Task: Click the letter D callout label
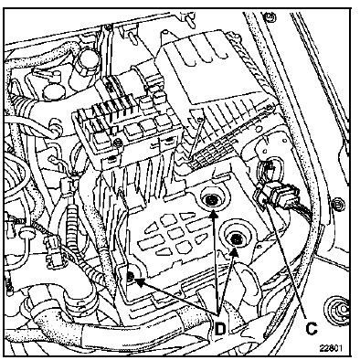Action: [220, 329]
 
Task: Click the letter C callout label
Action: [312, 328]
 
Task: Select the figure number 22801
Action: [331, 348]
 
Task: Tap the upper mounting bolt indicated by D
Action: [211, 200]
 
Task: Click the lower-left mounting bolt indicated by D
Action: [131, 276]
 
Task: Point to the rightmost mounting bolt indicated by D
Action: [236, 239]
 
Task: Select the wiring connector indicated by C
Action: [276, 194]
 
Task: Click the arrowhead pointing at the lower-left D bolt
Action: [140, 282]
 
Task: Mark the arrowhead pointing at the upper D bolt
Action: [215, 215]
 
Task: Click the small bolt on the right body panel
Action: [337, 204]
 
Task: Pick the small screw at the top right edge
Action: [270, 16]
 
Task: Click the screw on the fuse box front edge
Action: [117, 142]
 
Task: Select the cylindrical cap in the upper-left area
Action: [85, 61]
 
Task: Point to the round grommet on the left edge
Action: [26, 234]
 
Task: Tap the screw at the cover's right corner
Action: [269, 107]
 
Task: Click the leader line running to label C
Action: [288, 260]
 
